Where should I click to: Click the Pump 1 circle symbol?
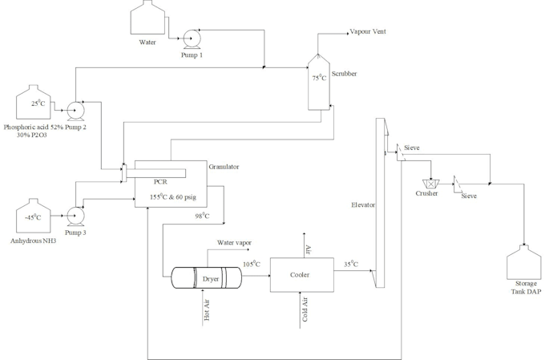pos(192,37)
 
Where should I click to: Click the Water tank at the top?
pos(148,18)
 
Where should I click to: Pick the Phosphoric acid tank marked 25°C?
pos(34,104)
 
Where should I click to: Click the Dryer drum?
pos(207,278)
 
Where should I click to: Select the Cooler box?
pos(301,275)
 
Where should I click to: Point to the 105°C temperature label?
pos(252,265)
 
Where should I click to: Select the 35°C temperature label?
pos(349,264)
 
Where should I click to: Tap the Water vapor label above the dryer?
pos(234,242)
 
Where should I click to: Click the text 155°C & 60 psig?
pos(176,196)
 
